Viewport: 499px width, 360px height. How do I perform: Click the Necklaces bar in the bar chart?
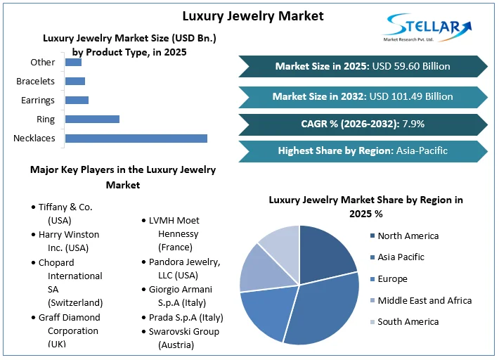coord(136,138)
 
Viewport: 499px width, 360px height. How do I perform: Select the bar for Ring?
coord(92,119)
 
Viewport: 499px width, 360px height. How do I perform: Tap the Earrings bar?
coord(77,100)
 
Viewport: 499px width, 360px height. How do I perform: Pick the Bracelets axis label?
coord(36,82)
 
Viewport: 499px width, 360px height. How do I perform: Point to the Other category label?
coord(43,63)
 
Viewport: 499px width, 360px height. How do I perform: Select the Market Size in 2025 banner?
coord(363,66)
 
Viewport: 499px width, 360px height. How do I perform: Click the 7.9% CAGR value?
coord(413,124)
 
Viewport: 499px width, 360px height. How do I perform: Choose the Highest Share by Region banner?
coord(363,150)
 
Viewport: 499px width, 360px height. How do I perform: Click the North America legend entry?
coord(408,236)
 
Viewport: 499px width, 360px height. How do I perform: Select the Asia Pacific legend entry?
coord(401,257)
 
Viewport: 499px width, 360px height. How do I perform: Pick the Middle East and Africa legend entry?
coord(424,300)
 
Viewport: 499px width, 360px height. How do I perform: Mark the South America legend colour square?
coord(372,322)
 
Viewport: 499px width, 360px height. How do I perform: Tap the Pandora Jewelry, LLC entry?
coord(184,269)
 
